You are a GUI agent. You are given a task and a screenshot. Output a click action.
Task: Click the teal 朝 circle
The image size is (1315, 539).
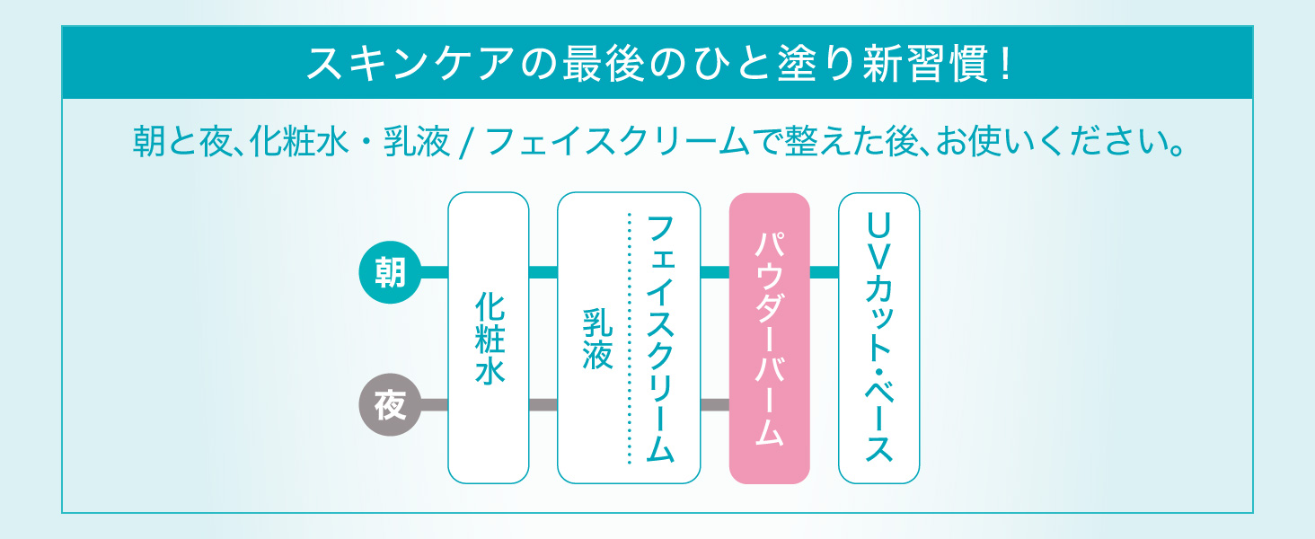pyautogui.click(x=390, y=270)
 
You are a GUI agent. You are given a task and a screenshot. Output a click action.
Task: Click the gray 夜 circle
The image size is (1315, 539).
pyautogui.click(x=390, y=405)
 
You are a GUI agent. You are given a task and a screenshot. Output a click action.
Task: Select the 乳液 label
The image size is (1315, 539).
pyautogui.click(x=597, y=340)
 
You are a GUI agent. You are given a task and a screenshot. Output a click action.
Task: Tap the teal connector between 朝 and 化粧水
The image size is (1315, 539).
pyautogui.click(x=434, y=270)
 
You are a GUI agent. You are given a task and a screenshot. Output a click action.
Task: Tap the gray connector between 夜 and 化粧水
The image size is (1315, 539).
pyautogui.click(x=434, y=405)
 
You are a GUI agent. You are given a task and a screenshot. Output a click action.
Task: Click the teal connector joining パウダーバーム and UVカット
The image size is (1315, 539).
pyautogui.click(x=824, y=270)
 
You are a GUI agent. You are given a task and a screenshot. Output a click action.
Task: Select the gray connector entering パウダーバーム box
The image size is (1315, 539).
pyautogui.click(x=714, y=405)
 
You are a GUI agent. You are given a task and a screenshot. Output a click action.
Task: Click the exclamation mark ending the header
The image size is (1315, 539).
pyautogui.click(x=1002, y=64)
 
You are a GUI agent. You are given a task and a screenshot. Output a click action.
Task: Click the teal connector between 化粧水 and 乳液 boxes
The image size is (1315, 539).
pyautogui.click(x=543, y=270)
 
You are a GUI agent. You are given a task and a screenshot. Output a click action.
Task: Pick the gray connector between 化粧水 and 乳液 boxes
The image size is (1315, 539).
pyautogui.click(x=543, y=405)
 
